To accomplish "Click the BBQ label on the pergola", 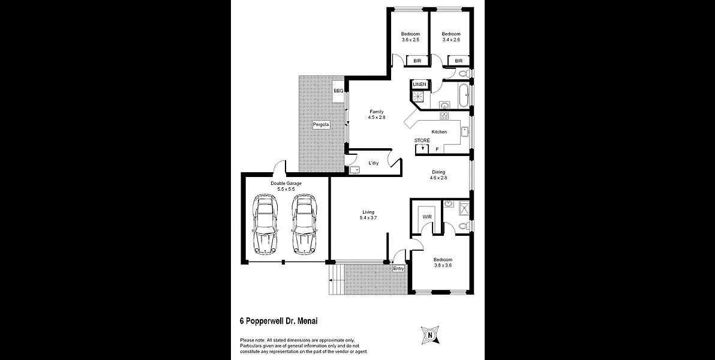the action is (338, 91).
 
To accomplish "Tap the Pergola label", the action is (321, 124).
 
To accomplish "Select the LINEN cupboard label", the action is (419, 85).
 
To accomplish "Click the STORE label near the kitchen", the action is (422, 140).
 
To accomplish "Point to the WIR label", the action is (427, 216).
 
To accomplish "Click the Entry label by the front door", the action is (398, 269).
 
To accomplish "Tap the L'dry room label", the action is (374, 163).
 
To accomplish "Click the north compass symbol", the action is (429, 335).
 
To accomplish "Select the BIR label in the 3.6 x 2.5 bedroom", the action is (417, 61).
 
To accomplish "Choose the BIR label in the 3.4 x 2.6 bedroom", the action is (459, 61).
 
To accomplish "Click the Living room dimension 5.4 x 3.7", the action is (368, 218).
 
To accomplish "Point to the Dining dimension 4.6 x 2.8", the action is (438, 178).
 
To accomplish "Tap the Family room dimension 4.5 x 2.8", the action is (377, 118).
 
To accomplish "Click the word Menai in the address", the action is (308, 321).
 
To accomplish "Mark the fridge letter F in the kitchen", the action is (437, 149).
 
